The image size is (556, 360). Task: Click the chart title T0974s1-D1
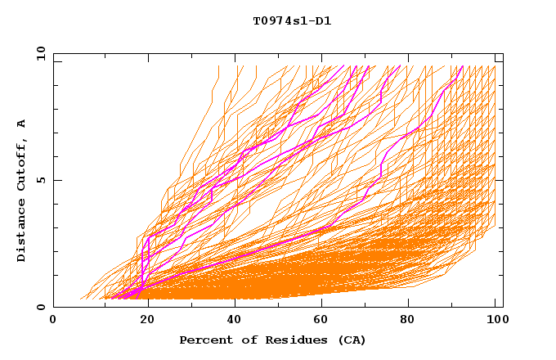[292, 21]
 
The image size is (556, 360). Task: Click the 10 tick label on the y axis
[40, 54]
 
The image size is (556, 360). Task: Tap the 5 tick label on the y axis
[43, 180]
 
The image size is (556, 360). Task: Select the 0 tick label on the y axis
[43, 307]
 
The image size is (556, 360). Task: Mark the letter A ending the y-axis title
[22, 124]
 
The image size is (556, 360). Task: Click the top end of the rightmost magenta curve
[463, 67]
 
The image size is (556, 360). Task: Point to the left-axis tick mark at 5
[56, 180]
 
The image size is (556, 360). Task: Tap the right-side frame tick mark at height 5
[500, 180]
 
